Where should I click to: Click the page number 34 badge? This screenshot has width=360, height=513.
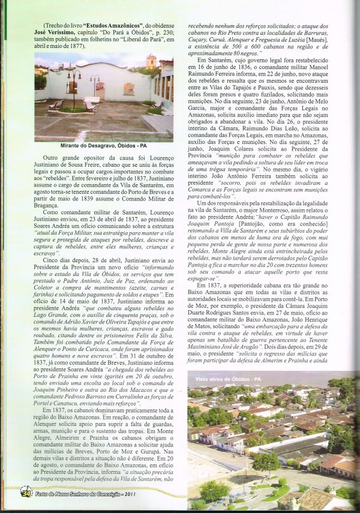click(x=25, y=494)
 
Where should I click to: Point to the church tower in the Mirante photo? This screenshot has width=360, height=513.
click(x=151, y=61)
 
